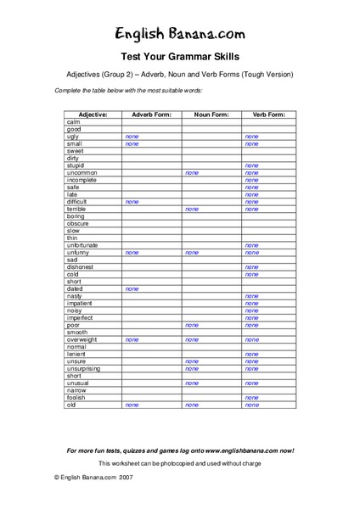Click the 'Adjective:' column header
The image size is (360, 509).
(x=93, y=114)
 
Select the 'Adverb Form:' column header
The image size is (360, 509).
(x=151, y=114)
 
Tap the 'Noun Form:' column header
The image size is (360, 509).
(x=211, y=114)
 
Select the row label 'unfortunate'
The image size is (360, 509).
(x=83, y=245)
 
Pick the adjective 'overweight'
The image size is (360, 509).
(x=82, y=339)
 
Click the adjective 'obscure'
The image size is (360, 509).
(x=77, y=223)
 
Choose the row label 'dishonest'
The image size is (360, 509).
(x=80, y=267)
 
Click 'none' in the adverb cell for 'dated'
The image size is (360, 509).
(x=132, y=288)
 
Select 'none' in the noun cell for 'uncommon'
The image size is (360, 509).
(x=192, y=172)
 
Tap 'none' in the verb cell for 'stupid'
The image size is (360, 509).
(x=251, y=165)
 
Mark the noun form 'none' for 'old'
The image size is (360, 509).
(x=192, y=405)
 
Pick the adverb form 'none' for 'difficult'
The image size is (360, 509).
(x=132, y=202)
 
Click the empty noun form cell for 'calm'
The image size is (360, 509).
(x=211, y=121)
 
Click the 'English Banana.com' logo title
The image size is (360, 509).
(x=179, y=34)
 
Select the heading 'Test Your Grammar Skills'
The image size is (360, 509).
(x=179, y=57)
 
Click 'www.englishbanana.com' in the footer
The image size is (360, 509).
(x=239, y=450)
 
